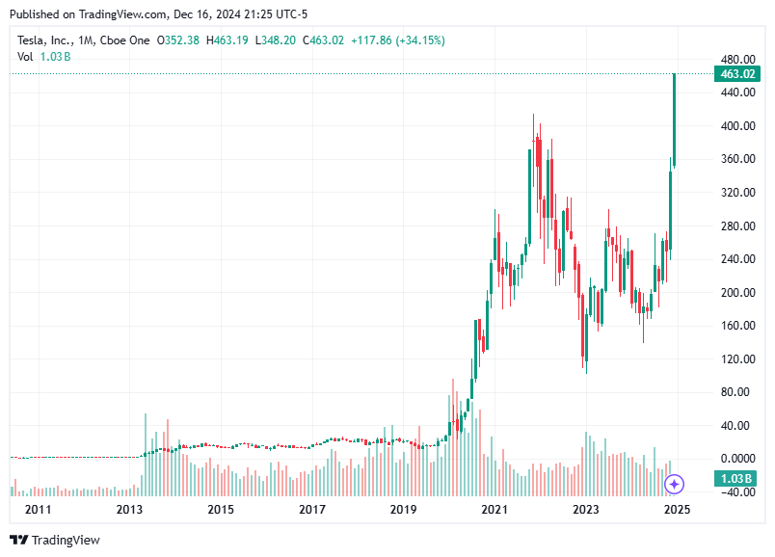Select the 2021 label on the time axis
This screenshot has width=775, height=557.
pos(494,509)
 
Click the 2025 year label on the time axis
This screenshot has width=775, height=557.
pos(678,509)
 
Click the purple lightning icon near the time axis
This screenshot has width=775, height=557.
pos(675,484)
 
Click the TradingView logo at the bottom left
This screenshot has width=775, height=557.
pos(55,541)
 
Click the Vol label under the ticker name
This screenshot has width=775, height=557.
pos(25,57)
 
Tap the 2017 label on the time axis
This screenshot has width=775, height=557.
pos(311,509)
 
